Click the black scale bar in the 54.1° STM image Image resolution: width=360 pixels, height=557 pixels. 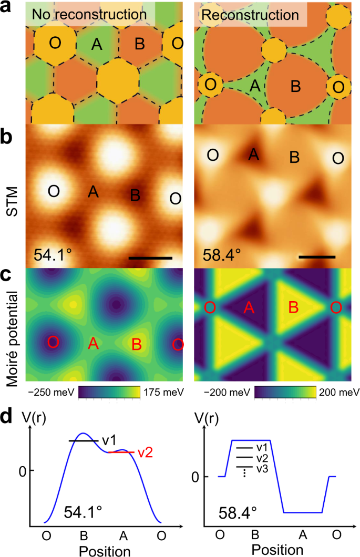pyautogui.click(x=150, y=258)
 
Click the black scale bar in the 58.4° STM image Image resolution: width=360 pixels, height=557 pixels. pyautogui.click(x=317, y=257)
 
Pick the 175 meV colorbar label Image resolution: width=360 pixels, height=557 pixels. pyautogui.click(x=163, y=393)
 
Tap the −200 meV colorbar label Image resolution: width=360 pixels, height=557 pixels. pyautogui.click(x=226, y=393)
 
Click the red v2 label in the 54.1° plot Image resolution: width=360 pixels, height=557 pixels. pyautogui.click(x=145, y=452)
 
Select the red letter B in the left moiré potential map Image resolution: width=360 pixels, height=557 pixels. pyautogui.click(x=136, y=345)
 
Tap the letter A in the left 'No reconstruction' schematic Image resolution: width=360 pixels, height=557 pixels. pyautogui.click(x=96, y=45)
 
